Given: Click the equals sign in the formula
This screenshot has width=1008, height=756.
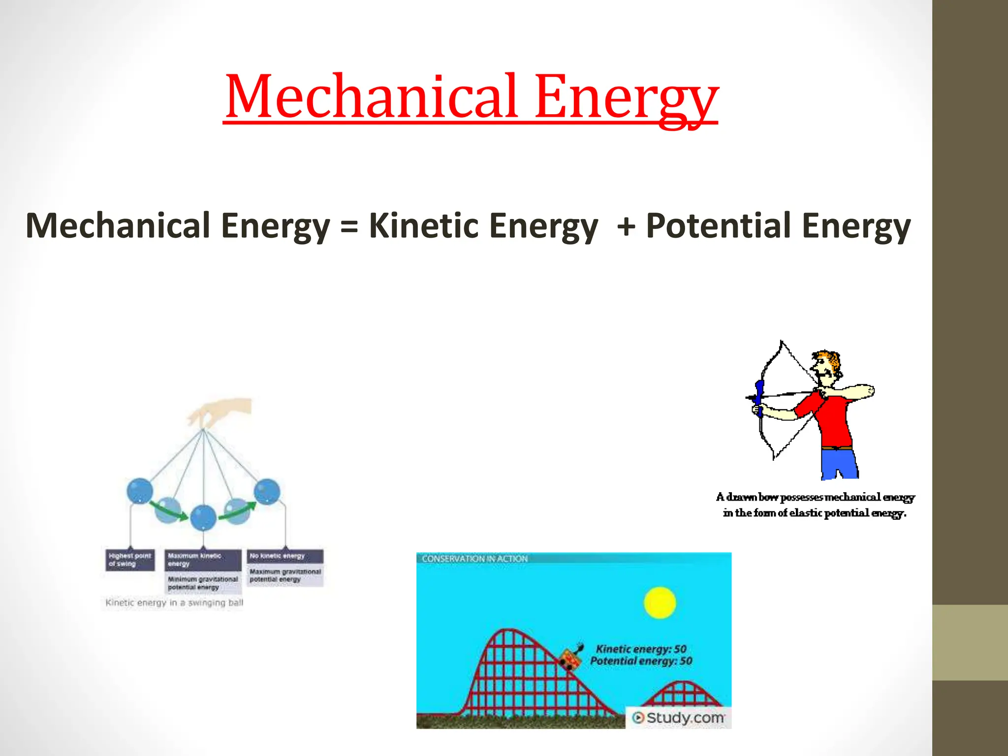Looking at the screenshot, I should point(348,227).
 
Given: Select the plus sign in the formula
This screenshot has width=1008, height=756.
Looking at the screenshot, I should point(626,227).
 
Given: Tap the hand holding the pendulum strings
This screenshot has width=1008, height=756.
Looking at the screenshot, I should point(221,412).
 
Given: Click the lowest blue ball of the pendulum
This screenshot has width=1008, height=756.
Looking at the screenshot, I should point(203,518).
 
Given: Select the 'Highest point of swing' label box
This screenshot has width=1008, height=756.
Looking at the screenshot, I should point(130,560).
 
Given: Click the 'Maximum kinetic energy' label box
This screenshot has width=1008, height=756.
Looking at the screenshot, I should point(203,560).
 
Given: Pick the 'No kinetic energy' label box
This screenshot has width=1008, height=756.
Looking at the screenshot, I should point(285,556).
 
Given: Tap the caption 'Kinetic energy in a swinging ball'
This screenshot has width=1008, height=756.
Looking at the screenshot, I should point(174,602).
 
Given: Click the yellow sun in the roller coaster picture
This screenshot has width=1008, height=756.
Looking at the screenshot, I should point(660,602).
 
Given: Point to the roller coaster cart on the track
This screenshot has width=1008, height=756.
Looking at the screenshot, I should point(570,659).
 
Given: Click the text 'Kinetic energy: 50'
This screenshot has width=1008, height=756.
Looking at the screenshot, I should point(641,649).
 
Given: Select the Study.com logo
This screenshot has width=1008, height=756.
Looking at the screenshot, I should point(678,718).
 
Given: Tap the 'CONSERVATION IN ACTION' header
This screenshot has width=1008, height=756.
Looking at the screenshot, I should point(474,559).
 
